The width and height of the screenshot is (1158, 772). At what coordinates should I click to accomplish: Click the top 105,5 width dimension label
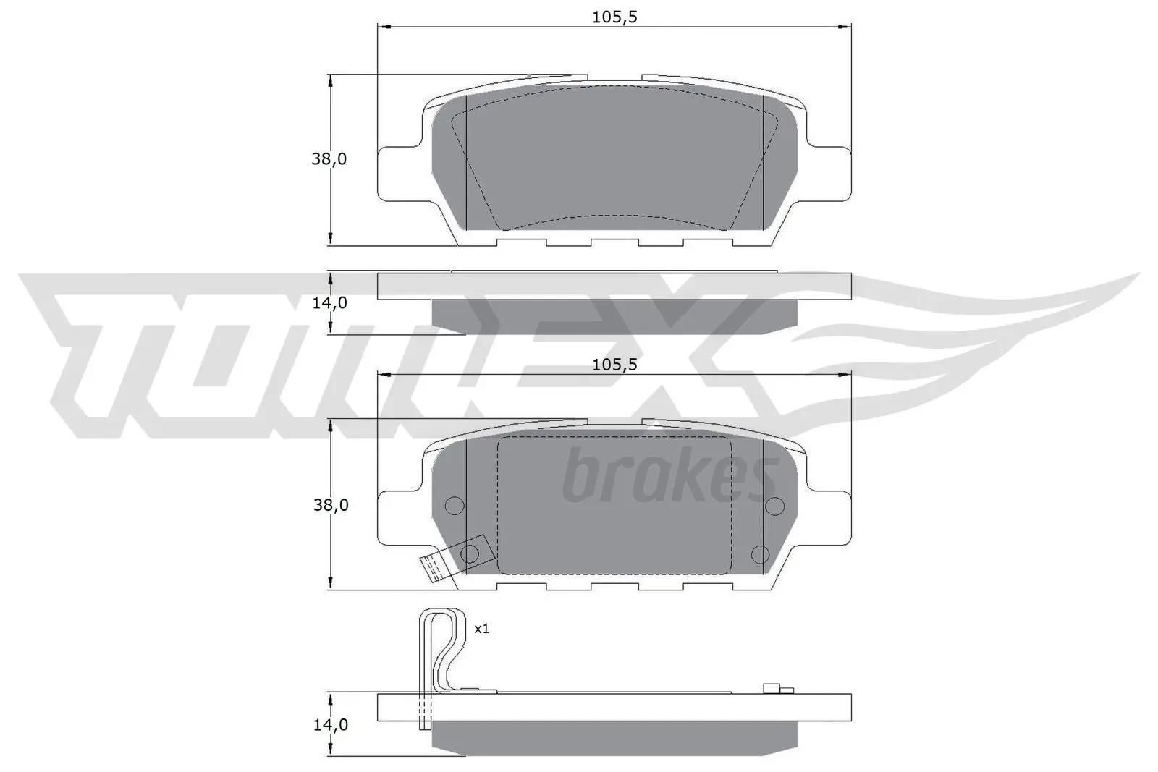[x=614, y=17]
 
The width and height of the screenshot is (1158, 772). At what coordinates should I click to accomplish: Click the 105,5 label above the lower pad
[x=614, y=365]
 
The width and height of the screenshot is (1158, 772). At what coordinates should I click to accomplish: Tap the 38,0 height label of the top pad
[x=329, y=159]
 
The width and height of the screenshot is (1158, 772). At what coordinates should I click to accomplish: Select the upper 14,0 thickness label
[x=329, y=302]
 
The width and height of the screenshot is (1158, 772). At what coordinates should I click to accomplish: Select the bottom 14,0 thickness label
[x=330, y=724]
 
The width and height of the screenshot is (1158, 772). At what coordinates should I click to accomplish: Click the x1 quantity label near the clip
[x=481, y=629]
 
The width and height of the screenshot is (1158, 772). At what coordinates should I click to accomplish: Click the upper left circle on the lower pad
[x=453, y=505]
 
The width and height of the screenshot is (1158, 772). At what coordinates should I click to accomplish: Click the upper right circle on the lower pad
[x=774, y=504]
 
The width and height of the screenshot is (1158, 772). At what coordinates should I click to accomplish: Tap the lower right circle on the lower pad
[x=760, y=554]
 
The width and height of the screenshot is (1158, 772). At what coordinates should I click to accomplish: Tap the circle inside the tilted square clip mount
[x=470, y=554]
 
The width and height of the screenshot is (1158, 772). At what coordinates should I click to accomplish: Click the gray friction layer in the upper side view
[x=614, y=317]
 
